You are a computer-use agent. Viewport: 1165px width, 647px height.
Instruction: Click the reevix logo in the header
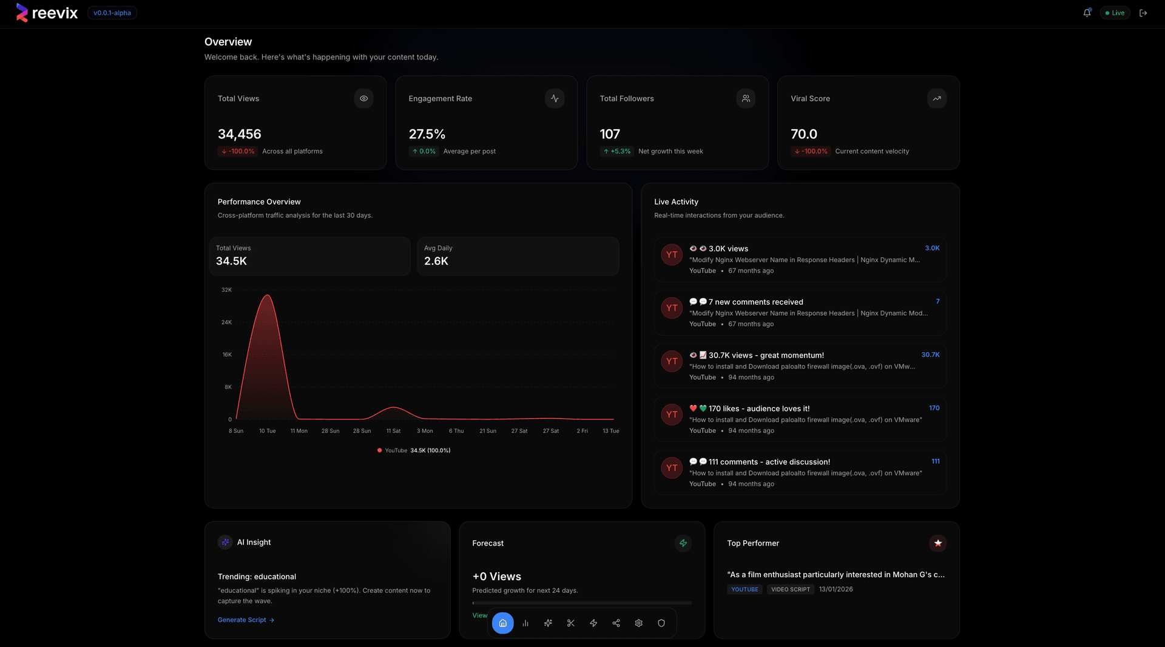coord(47,13)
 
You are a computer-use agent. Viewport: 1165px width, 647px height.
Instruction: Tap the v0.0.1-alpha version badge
coord(112,13)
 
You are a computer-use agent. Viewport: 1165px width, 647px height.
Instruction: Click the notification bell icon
coord(1087,13)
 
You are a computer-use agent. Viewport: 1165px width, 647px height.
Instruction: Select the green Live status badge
coord(1115,13)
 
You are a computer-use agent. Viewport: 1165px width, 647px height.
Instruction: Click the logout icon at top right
coord(1143,13)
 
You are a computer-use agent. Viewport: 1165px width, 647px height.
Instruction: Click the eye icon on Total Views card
coord(363,98)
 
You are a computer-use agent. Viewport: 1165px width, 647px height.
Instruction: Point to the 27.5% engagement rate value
coord(427,134)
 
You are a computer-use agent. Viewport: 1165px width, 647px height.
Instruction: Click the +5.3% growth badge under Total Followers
coord(616,151)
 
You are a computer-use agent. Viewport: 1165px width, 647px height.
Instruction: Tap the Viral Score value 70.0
coord(803,134)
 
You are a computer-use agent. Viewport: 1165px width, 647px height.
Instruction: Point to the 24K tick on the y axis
coord(226,322)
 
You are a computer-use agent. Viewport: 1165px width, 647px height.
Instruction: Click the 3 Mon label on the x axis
coord(425,431)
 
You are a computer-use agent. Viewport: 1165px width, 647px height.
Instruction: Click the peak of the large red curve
coord(267,296)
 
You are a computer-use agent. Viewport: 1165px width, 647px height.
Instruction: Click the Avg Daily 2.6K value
coord(436,261)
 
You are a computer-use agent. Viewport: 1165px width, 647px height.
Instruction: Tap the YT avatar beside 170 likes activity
coord(671,415)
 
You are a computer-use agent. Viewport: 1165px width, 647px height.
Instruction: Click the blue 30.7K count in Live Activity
coord(930,355)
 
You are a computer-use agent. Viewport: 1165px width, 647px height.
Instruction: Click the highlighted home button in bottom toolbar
coord(502,623)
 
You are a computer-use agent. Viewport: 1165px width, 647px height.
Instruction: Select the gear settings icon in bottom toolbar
coord(638,623)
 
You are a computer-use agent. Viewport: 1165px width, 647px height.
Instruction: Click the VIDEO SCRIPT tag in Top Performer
coord(790,589)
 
